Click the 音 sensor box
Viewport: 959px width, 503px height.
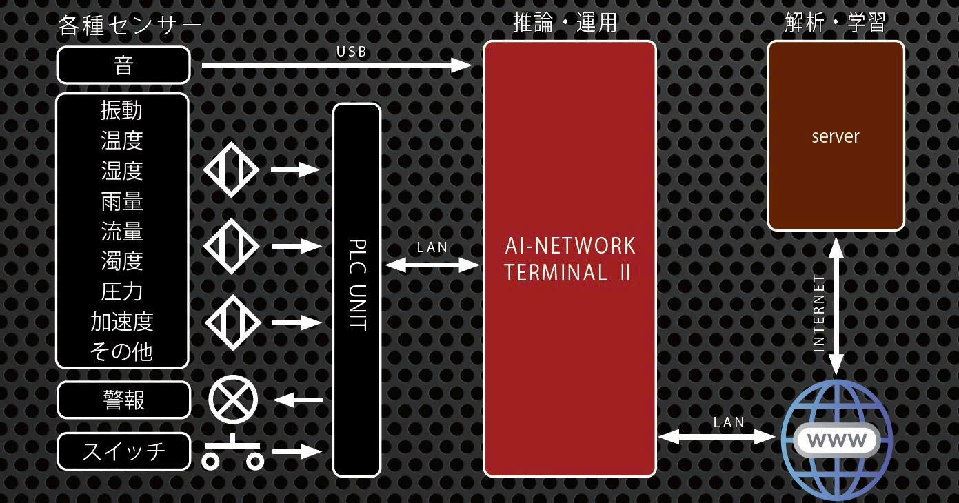123,65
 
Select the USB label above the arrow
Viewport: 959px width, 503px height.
352,52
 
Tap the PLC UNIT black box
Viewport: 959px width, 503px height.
357,289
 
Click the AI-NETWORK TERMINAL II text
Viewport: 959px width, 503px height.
569,259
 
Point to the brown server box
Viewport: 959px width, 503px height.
836,136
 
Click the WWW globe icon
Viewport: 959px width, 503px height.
836,439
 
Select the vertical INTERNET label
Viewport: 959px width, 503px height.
819,314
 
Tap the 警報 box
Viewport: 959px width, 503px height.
123,400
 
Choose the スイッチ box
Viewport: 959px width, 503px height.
123,451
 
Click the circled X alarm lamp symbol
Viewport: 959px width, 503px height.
233,400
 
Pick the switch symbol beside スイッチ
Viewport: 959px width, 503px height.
233,453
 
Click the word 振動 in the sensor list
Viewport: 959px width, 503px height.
122,110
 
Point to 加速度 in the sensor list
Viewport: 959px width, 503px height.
122,321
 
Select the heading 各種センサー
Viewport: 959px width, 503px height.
130,25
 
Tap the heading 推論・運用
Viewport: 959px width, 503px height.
565,23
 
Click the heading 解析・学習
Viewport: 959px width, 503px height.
835,23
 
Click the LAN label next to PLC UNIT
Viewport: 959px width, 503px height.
432,247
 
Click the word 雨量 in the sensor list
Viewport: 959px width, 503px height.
122,201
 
